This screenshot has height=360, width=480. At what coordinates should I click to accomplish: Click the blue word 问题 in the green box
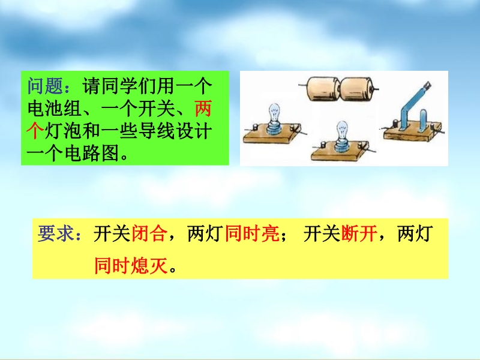pyautogui.click(x=45, y=86)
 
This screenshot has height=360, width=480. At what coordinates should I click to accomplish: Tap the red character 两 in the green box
pyautogui.click(x=203, y=109)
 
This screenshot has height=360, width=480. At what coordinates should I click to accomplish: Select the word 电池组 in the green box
pyautogui.click(x=55, y=109)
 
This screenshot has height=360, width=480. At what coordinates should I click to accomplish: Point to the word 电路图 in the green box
pyautogui.click(x=92, y=153)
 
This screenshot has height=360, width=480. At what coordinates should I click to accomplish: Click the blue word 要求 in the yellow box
pyautogui.click(x=55, y=233)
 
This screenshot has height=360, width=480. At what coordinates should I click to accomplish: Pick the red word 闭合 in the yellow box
pyautogui.click(x=149, y=233)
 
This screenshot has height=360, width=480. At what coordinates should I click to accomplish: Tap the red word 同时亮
pyautogui.click(x=252, y=233)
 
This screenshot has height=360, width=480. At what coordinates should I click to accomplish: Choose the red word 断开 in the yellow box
pyautogui.click(x=359, y=233)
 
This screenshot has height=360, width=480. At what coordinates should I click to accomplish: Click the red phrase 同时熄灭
pyautogui.click(x=131, y=265)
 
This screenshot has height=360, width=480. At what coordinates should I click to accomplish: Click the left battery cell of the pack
pyautogui.click(x=323, y=89)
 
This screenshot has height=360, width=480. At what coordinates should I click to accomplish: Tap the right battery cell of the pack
pyautogui.click(x=356, y=89)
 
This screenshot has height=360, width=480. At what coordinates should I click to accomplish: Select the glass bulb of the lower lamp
pyautogui.click(x=342, y=130)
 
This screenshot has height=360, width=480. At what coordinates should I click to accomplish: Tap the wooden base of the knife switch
pyautogui.click(x=413, y=132)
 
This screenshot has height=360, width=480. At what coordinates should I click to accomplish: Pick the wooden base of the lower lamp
pyautogui.click(x=339, y=152)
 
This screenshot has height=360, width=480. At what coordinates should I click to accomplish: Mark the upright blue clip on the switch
pyautogui.click(x=422, y=121)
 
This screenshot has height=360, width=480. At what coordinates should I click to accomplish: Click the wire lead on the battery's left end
pyautogui.click(x=303, y=86)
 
